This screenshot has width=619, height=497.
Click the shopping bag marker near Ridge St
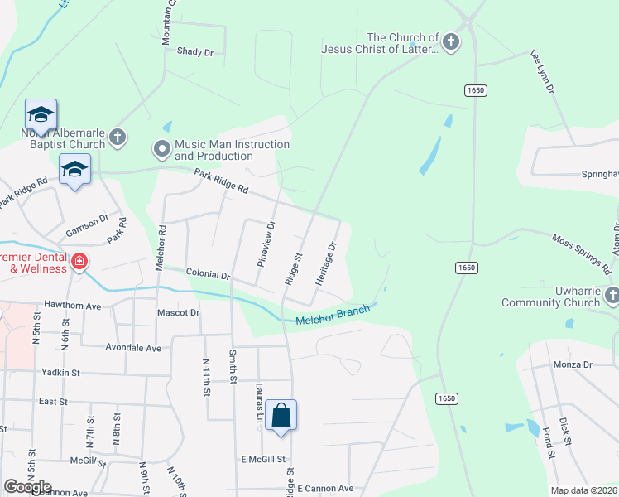(281, 414)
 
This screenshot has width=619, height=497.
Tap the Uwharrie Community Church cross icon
(612, 295)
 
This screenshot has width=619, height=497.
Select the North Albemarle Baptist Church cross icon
(118, 137)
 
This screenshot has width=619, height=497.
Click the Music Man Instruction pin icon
(161, 150)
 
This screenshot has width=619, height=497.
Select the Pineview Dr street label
(265, 242)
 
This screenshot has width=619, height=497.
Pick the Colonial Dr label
(207, 273)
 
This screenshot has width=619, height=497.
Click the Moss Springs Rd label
(582, 253)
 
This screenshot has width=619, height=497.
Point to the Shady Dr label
(195, 51)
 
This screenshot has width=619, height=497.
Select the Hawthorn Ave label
(72, 306)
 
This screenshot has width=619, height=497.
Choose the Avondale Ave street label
(133, 349)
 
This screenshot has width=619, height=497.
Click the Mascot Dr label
(179, 313)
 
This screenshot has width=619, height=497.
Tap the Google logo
(27, 487)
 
